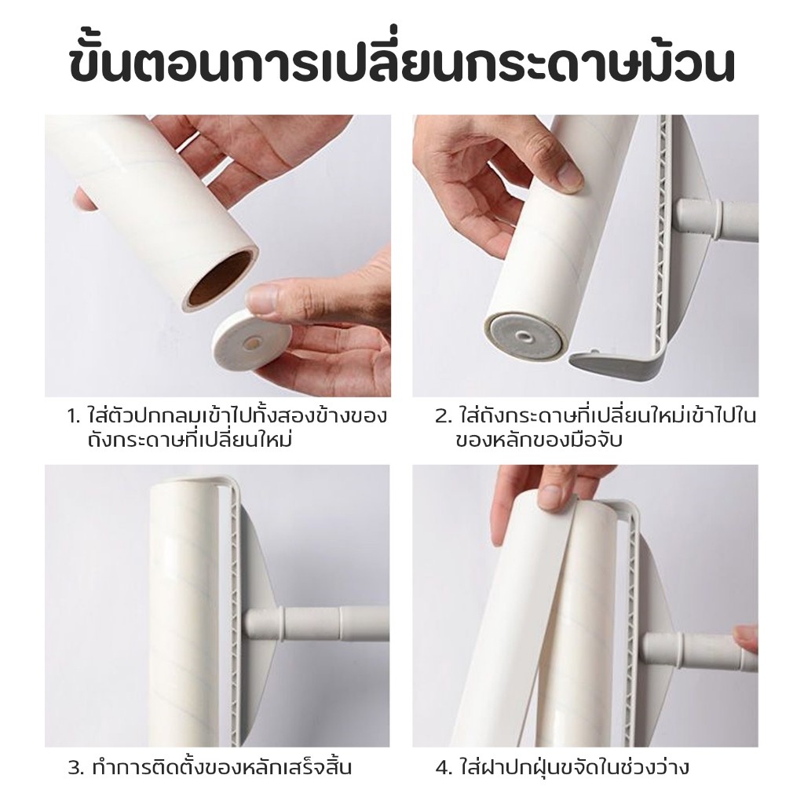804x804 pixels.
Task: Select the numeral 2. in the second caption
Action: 443,416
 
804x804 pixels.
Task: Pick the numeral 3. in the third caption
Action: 76,768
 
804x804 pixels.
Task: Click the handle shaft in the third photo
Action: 316,624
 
